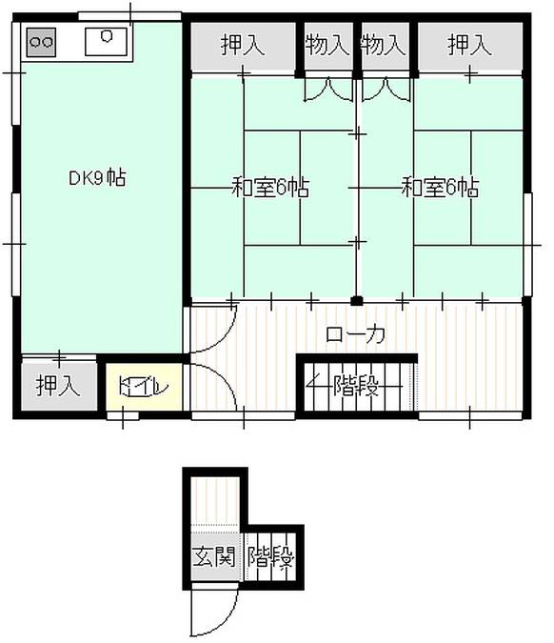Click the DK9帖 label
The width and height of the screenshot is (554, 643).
[x=97, y=177]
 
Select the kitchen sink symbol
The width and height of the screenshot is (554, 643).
[x=105, y=41]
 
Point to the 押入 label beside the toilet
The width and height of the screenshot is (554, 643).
[x=57, y=386]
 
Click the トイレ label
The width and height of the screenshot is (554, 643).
[x=144, y=388]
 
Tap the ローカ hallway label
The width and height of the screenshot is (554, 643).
[x=356, y=334]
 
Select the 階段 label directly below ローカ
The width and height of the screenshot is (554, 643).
[x=357, y=387]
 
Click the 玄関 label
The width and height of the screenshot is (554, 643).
[x=211, y=556]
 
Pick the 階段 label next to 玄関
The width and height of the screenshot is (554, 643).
[x=270, y=556]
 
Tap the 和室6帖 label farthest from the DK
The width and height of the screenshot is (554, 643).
[x=439, y=187]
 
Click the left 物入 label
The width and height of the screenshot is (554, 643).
[x=327, y=45]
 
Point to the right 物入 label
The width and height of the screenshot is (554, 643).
[x=385, y=45]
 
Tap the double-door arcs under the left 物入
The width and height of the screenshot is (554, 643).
[x=328, y=88]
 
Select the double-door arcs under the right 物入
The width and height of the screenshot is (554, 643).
[x=386, y=88]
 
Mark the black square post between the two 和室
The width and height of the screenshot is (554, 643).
[x=357, y=301]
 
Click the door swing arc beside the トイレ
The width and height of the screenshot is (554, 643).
[x=211, y=386]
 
